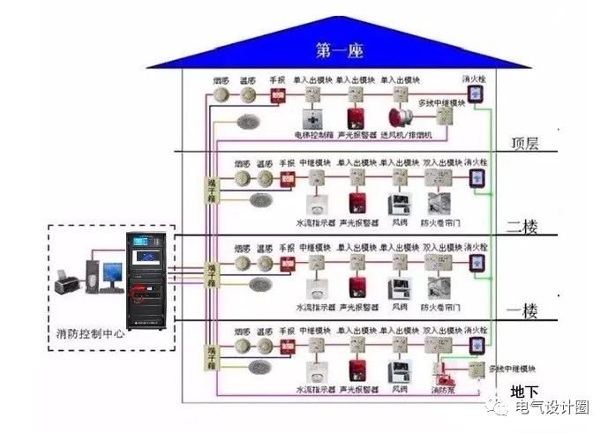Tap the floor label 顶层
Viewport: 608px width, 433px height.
coord(529,143)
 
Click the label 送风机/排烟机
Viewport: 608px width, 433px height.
coord(407,136)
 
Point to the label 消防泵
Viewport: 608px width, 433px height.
coord(443,389)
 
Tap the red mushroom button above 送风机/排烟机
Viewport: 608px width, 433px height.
coord(397,118)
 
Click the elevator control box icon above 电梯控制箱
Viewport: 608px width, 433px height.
coord(313,118)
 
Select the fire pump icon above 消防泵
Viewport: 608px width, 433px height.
coord(441,370)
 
